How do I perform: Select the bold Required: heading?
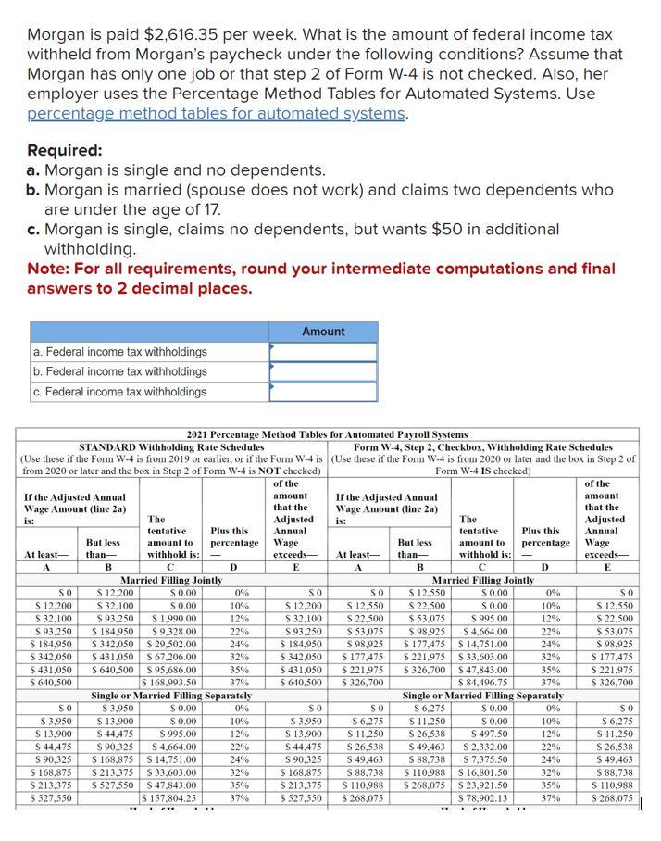[x=66, y=150]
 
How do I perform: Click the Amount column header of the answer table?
[x=323, y=332]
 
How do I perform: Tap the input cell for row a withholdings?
[x=323, y=352]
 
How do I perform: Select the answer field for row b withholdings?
[x=323, y=371]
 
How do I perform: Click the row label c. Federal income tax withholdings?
[x=119, y=392]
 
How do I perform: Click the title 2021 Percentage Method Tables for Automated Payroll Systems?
[x=327, y=434]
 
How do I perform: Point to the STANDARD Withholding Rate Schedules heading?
[x=168, y=446]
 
